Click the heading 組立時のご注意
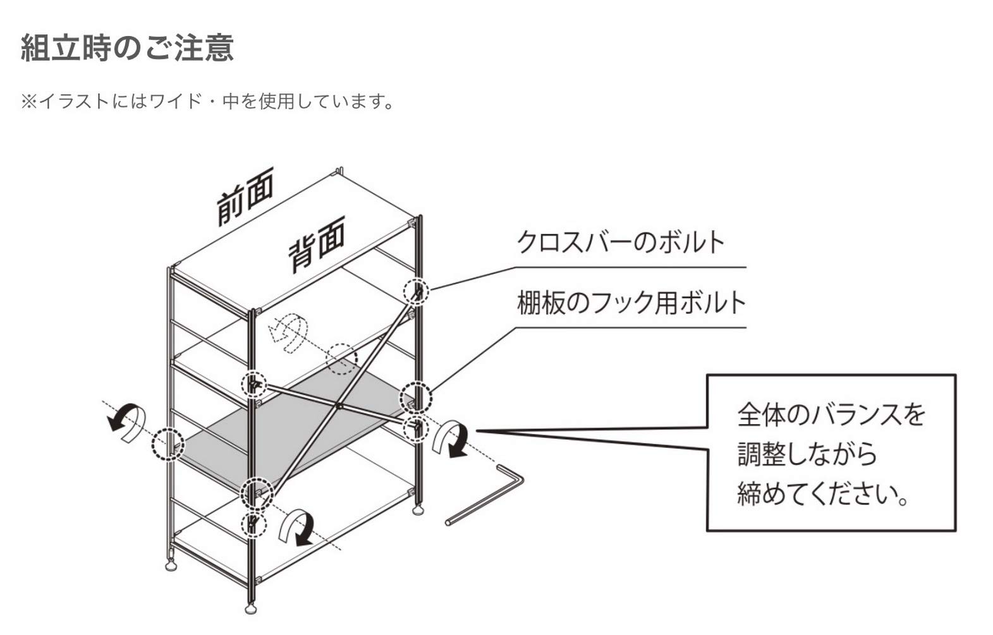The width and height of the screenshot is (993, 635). point(127,48)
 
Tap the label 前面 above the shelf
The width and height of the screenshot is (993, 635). point(245,197)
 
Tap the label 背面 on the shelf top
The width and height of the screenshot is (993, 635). point(317,244)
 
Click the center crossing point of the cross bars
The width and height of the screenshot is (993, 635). point(339,404)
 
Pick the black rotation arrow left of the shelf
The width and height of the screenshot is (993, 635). point(128,420)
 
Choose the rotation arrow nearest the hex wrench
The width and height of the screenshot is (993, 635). point(450,438)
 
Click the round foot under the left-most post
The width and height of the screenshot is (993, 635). point(171,564)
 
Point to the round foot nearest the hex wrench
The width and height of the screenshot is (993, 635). point(417,509)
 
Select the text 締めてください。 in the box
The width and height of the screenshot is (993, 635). point(822,493)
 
